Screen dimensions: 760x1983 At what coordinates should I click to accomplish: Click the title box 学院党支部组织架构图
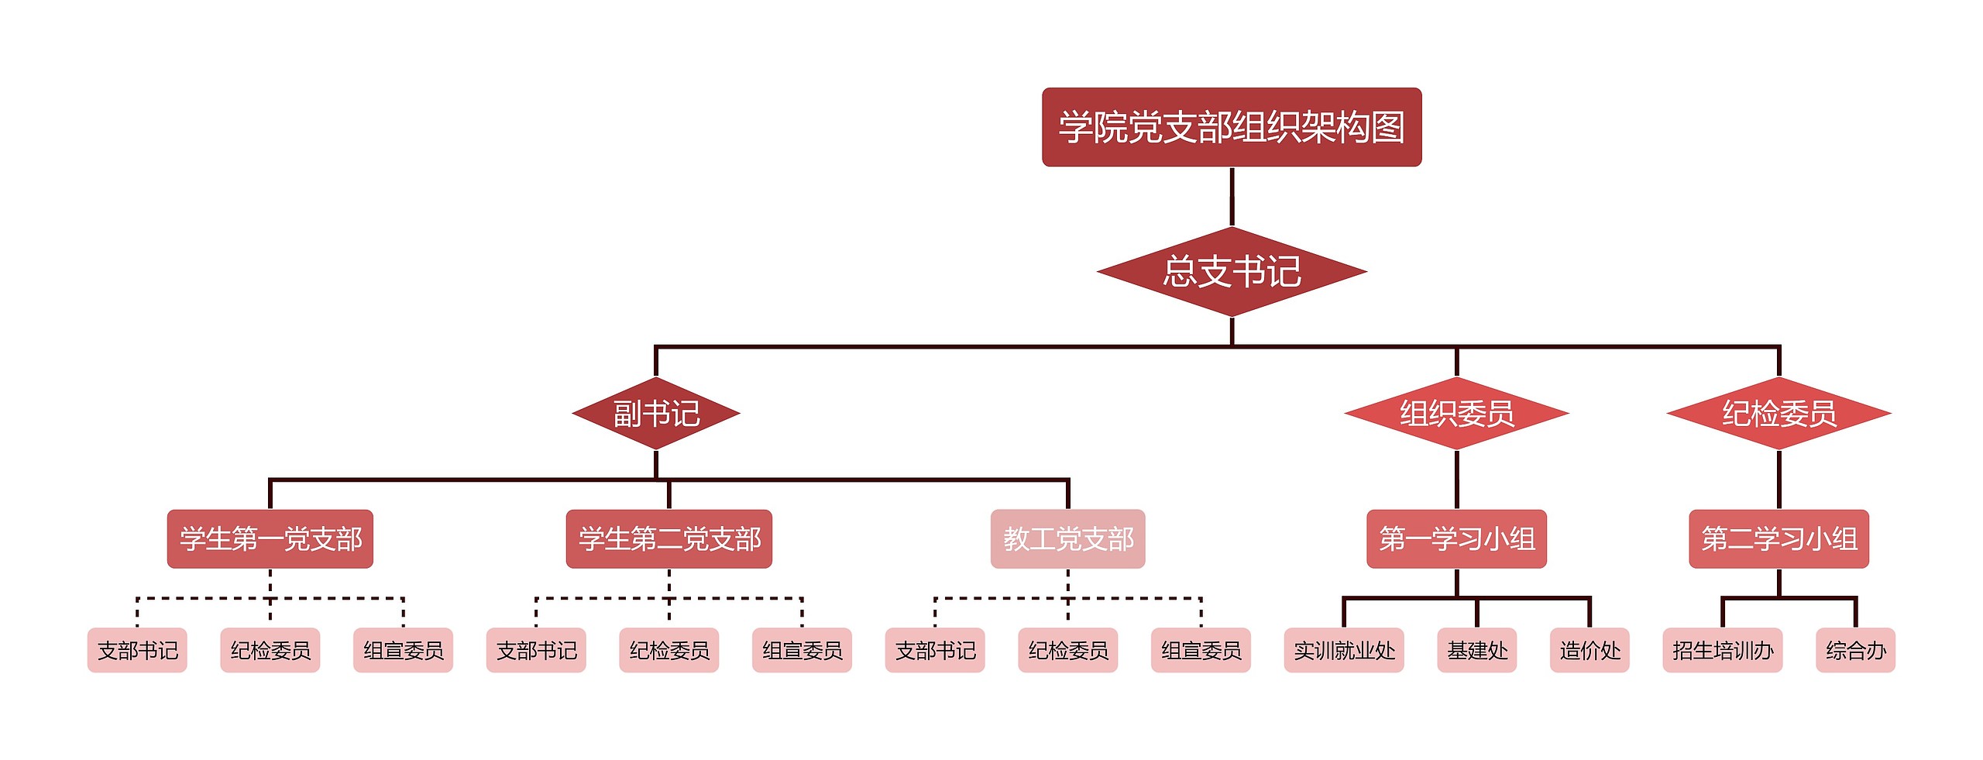pos(1231,127)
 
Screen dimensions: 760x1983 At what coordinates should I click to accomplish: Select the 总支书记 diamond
pos(1232,272)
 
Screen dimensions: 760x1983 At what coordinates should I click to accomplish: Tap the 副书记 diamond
pos(656,414)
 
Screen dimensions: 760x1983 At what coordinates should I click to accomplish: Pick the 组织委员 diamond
pos(1456,414)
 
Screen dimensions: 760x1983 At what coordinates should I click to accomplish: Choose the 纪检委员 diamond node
pos(1779,414)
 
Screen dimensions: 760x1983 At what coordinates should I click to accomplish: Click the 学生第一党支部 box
pos(270,539)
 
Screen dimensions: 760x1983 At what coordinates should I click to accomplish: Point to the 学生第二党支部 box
pos(669,539)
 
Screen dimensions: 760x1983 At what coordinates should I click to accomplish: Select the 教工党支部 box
pos(1067,539)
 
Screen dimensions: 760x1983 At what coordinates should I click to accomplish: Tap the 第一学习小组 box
pos(1456,539)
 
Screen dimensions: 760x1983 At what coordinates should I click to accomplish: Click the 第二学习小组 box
pos(1779,539)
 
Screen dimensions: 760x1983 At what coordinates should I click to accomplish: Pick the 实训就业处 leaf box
pos(1344,651)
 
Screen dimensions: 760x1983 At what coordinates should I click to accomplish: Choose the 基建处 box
pos(1476,651)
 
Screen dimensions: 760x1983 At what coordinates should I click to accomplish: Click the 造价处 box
pos(1589,651)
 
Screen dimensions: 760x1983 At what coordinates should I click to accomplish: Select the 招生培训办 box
pos(1722,651)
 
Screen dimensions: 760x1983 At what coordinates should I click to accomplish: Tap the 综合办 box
pos(1855,651)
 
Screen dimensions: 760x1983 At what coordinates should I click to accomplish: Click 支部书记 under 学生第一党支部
pos(137,651)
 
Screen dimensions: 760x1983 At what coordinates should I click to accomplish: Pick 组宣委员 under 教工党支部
pos(1201,651)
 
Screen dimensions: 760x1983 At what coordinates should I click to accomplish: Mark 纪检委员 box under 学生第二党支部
pos(669,651)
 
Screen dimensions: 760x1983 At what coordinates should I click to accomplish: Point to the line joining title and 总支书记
pos(1232,197)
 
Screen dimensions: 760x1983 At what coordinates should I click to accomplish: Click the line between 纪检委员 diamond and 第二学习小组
pos(1779,480)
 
